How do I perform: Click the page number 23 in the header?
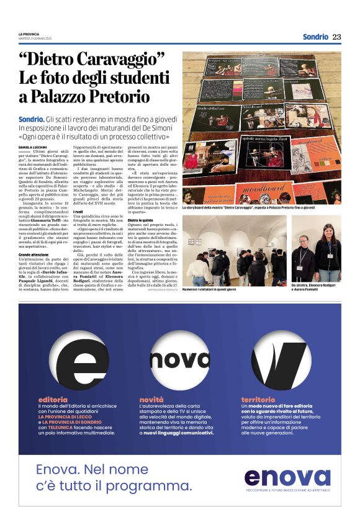pyautogui.click(x=336, y=37)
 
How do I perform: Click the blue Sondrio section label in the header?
pyautogui.click(x=315, y=37)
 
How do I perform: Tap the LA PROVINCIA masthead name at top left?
pyautogui.click(x=29, y=34)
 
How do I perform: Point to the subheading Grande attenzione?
pyautogui.click(x=36, y=255)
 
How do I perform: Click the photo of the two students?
pyautogui.click(x=316, y=250)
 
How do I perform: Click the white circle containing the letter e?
pyautogui.click(x=78, y=361)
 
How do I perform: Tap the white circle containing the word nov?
pyautogui.click(x=180, y=361)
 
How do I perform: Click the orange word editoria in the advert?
pyautogui.click(x=53, y=400)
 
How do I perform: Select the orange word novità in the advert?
pyautogui.click(x=152, y=400)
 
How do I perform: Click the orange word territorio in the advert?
pyautogui.click(x=258, y=400)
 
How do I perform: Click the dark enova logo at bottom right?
pyautogui.click(x=287, y=477)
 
